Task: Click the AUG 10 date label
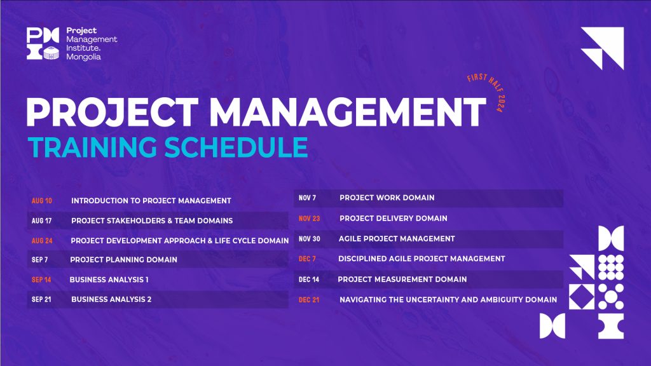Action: (x=42, y=201)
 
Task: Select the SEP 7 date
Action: (x=40, y=260)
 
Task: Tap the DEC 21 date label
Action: (x=309, y=300)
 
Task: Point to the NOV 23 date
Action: (x=310, y=219)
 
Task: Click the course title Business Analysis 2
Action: (x=111, y=299)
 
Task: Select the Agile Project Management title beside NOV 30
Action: (x=397, y=239)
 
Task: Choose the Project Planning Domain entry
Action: (x=124, y=260)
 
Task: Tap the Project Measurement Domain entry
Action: (x=402, y=280)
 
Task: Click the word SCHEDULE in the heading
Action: (x=236, y=147)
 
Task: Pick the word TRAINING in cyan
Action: (x=92, y=147)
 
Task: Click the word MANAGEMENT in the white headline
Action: (x=347, y=112)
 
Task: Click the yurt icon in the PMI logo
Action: (x=51, y=53)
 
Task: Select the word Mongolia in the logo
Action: (x=83, y=57)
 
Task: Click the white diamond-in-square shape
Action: (x=581, y=297)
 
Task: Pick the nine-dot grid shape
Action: (x=611, y=268)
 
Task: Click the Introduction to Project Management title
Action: (x=151, y=201)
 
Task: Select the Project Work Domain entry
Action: (x=387, y=198)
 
